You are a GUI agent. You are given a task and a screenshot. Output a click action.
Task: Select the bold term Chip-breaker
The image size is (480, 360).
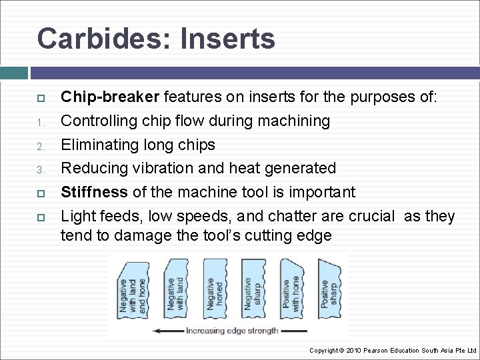[110, 97]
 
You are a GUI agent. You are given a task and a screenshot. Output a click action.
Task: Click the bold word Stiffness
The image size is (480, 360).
[94, 193]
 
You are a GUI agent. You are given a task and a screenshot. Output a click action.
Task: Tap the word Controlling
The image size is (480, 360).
[103, 121]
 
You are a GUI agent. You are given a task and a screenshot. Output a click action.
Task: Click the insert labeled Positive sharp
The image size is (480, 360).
[329, 290]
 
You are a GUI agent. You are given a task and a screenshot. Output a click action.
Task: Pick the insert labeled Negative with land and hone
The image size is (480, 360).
[132, 291]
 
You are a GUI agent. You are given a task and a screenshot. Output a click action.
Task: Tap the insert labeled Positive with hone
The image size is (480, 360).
[292, 290]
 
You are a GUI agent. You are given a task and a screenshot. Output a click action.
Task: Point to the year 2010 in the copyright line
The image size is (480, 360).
[357, 350]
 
